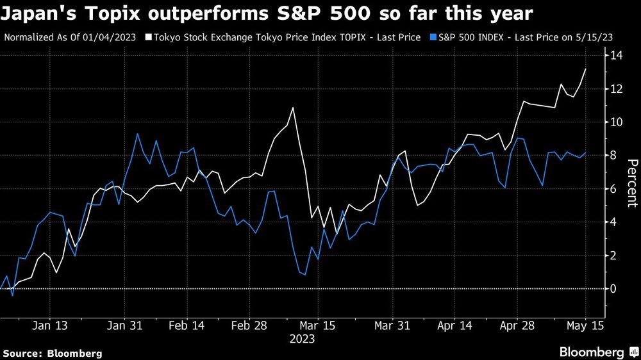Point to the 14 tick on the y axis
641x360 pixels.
pyautogui.click(x=616, y=56)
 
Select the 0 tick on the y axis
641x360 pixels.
pyautogui.click(x=613, y=289)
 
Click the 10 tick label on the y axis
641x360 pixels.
pyautogui.click(x=616, y=122)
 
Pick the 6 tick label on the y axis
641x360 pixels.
pyautogui.click(x=613, y=189)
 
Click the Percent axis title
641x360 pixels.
pyautogui.click(x=631, y=183)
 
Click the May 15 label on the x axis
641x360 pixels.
pyautogui.click(x=585, y=325)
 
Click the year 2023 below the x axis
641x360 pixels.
pyautogui.click(x=303, y=340)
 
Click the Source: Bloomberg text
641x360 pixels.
pyautogui.click(x=53, y=353)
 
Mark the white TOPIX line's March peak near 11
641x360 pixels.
pyautogui.click(x=293, y=108)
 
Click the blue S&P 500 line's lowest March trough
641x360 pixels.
pyautogui.click(x=304, y=275)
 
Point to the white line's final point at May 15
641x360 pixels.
pyautogui.click(x=586, y=69)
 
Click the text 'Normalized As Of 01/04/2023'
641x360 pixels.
pyautogui.click(x=70, y=38)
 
